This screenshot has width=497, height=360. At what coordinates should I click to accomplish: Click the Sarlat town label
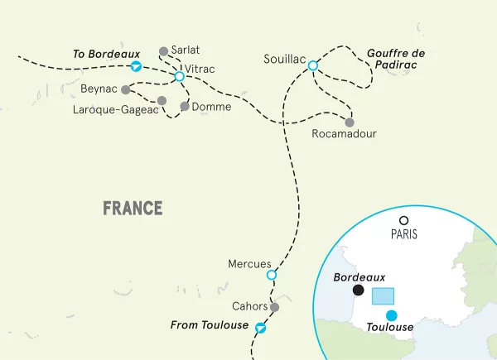coord(186,50)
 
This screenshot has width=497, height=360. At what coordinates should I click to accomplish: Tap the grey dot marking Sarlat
coord(163,51)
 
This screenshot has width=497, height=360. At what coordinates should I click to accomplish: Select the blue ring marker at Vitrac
coord(179,77)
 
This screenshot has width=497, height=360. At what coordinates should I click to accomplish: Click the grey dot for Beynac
coord(125,89)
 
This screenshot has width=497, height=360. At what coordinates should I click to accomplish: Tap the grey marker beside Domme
coord(184,106)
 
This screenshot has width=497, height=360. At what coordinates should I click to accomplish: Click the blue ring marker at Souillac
coord(313,65)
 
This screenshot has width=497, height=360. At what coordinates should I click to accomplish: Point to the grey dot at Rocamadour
coord(349,122)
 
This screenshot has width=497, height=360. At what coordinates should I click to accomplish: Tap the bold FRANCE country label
coord(133,208)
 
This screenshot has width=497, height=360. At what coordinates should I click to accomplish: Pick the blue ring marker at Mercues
coord(271,275)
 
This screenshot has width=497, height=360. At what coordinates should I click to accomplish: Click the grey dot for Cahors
coord(274,307)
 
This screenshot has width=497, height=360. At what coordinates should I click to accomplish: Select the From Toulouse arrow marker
coord(261,327)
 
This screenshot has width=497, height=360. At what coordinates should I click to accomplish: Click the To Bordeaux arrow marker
coord(138,67)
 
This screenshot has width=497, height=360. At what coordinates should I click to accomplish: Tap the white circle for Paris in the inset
coord(403,221)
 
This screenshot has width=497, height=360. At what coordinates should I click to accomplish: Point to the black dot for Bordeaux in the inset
coord(358,290)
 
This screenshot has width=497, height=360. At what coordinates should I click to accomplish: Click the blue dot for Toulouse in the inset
coord(392,314)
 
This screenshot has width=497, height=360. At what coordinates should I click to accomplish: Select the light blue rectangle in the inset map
coord(383,295)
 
